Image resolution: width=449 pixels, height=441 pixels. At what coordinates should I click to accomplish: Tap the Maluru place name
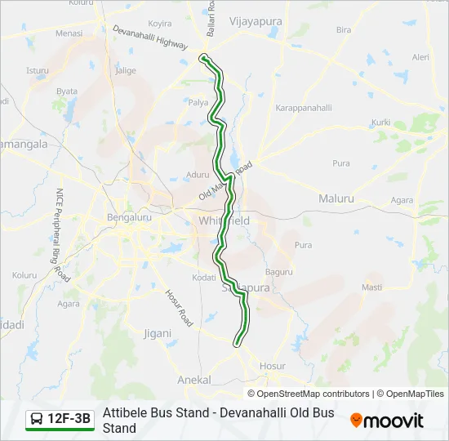click(x=336, y=198)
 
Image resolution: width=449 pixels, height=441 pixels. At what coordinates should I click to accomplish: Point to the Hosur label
click(x=273, y=367)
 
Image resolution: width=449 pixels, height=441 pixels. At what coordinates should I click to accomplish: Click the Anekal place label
click(x=194, y=381)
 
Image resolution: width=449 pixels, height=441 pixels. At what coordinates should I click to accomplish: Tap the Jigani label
click(x=158, y=333)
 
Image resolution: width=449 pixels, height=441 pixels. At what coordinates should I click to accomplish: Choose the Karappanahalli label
click(x=303, y=109)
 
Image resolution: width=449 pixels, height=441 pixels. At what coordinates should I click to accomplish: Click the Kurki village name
click(x=381, y=122)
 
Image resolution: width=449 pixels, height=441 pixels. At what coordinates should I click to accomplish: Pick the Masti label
click(x=371, y=287)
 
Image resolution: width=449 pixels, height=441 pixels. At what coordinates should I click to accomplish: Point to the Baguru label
click(x=278, y=272)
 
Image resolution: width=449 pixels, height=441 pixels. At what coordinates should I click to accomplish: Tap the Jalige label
click(x=127, y=71)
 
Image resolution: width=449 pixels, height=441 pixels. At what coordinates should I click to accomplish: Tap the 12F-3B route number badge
click(x=69, y=420)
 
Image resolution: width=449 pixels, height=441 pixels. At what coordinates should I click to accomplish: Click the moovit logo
click(x=387, y=421)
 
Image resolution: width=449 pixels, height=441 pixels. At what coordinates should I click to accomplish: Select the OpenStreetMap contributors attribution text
click(x=313, y=394)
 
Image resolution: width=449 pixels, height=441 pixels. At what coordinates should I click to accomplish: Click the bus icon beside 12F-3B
click(x=37, y=420)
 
